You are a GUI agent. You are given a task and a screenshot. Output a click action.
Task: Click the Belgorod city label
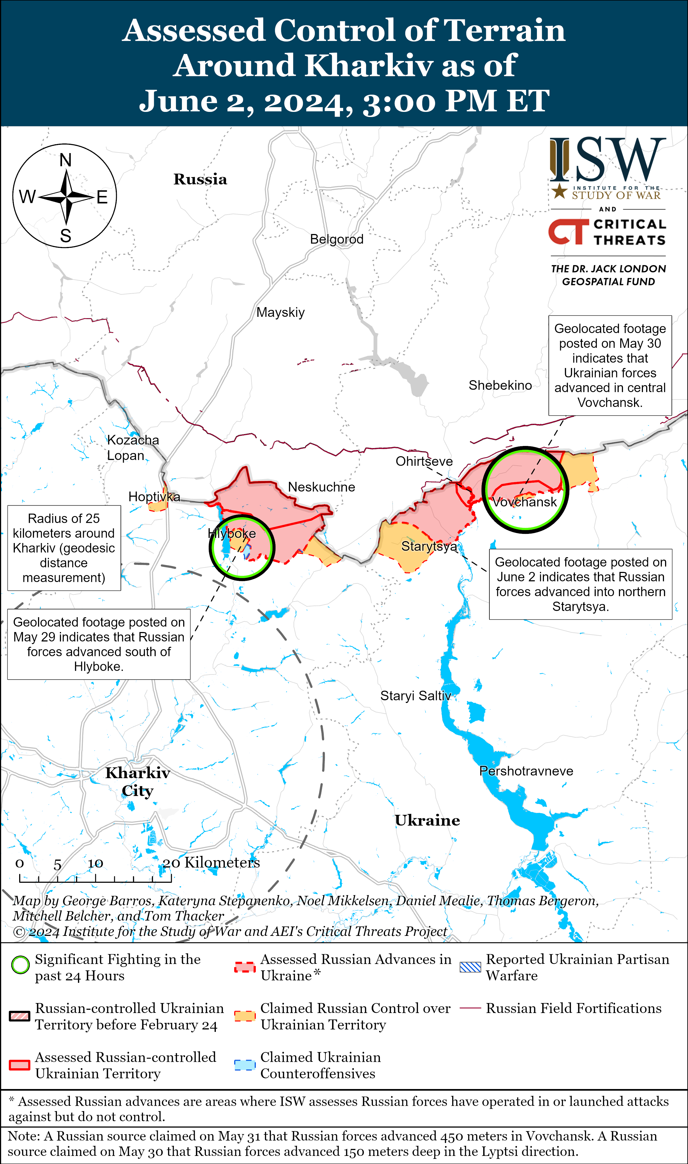[x=337, y=239]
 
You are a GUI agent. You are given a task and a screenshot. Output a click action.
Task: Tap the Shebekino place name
[x=500, y=385]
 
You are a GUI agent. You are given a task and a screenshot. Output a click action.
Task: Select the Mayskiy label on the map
[x=281, y=313]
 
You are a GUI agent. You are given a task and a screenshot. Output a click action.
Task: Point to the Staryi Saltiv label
[x=415, y=696]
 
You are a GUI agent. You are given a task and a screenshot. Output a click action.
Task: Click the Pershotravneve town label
[x=526, y=771]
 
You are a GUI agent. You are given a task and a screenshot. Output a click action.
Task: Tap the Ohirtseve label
[x=424, y=461]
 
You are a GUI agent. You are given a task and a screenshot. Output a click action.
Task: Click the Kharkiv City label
[x=138, y=782]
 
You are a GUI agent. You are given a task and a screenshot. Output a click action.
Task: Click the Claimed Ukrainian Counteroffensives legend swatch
[x=245, y=1065]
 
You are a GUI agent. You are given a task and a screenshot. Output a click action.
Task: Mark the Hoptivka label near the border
[x=154, y=497]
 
